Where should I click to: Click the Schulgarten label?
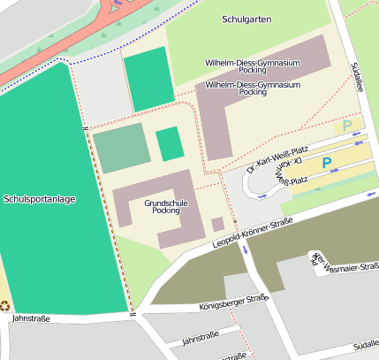click(x=246, y=19)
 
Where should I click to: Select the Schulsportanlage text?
click(x=40, y=199)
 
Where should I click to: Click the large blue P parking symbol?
click(x=326, y=163)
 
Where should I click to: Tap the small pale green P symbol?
click(x=347, y=126)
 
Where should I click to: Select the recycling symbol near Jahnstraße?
click(x=5, y=306)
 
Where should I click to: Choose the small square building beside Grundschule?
click(x=217, y=224)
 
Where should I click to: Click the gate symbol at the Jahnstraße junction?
click(x=131, y=313)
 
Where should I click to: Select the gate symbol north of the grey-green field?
click(x=85, y=130)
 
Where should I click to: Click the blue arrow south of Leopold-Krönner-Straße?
click(x=246, y=249)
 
